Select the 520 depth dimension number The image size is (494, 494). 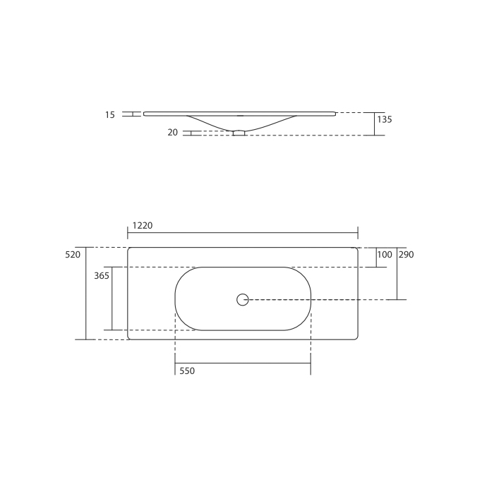click(x=73, y=254)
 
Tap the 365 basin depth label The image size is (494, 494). click(x=102, y=276)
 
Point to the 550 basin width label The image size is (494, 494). click(x=187, y=371)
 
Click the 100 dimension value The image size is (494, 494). click(x=384, y=254)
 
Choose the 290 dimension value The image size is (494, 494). click(x=406, y=254)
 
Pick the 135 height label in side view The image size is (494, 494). click(x=384, y=120)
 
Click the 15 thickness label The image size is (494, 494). click(x=109, y=114)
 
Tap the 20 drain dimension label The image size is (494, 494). click(x=173, y=132)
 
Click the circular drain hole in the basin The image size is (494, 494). click(x=243, y=299)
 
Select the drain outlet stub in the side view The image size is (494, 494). click(x=239, y=132)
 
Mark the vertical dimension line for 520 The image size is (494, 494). click(x=86, y=293)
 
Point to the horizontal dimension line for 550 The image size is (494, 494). click(x=243, y=363)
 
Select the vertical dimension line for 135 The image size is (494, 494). click(x=375, y=123)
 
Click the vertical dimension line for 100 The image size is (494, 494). click(x=375, y=258)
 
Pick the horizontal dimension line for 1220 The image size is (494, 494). click(x=243, y=232)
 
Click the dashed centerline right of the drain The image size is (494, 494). click(x=318, y=300)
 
